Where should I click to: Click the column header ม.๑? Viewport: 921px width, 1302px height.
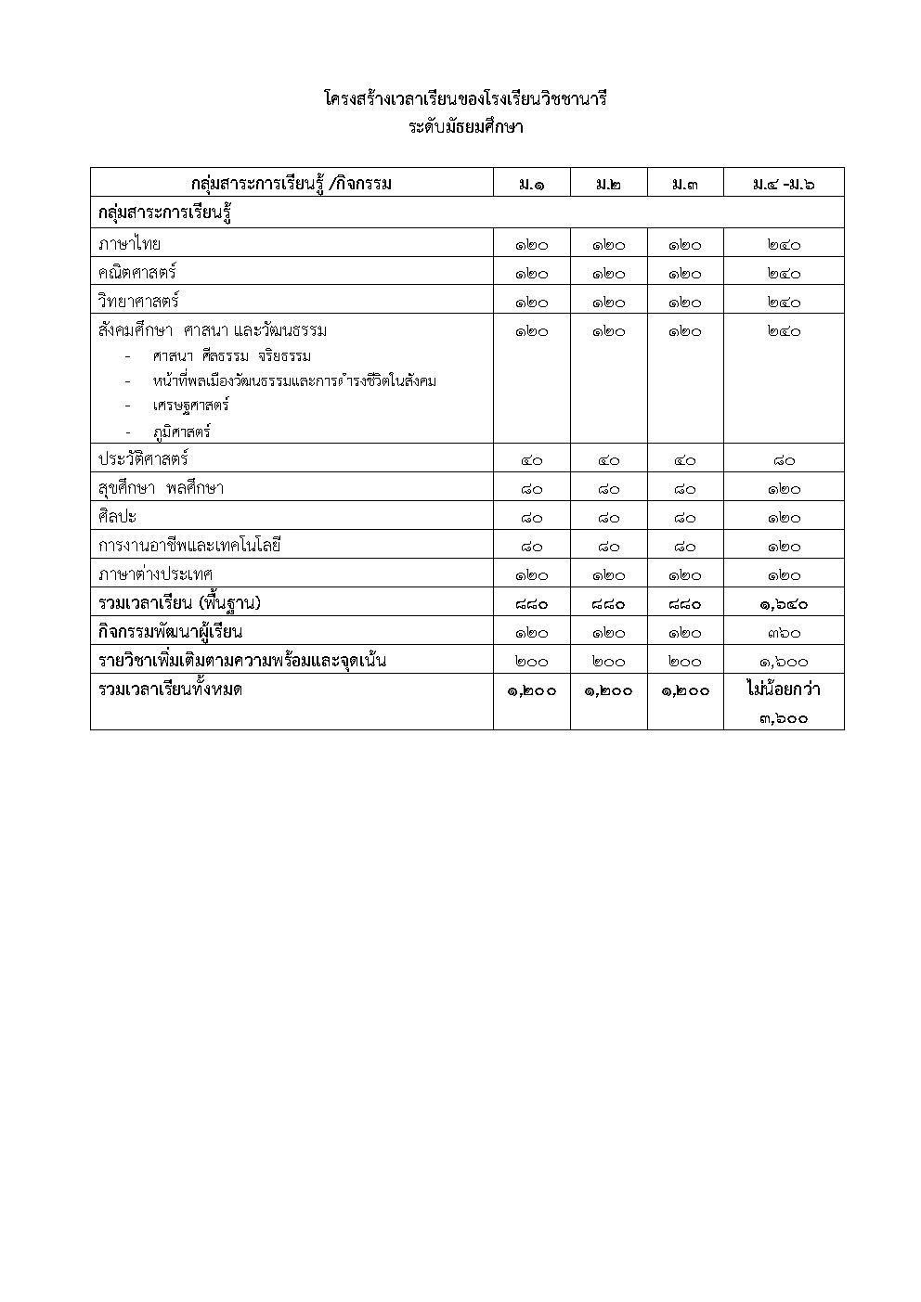[531, 184]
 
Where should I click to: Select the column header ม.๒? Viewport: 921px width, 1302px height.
[608, 184]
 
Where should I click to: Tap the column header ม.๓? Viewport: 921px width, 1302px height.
[685, 184]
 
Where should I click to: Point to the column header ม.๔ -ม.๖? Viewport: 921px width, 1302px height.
[784, 184]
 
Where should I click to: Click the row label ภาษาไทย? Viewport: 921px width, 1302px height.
[129, 244]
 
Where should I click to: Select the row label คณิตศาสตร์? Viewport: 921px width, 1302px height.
[136, 273]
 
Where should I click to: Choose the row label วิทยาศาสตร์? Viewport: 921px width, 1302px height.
[138, 302]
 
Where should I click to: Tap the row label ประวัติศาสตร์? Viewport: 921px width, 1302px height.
[143, 459]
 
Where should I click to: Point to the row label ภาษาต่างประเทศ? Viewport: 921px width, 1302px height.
[155, 574]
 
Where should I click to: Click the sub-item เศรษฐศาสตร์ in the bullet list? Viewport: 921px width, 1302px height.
[191, 406]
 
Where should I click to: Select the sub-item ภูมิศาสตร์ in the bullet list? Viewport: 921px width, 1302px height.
[182, 432]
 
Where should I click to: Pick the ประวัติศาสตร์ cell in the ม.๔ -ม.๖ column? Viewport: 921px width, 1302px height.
[784, 460]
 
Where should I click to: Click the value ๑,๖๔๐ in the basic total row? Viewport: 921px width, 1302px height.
[784, 604]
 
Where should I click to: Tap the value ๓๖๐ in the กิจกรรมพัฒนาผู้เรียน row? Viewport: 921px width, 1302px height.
[784, 633]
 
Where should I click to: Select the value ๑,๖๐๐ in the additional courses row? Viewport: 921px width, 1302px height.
[784, 662]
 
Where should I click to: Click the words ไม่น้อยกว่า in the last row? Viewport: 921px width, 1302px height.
[784, 690]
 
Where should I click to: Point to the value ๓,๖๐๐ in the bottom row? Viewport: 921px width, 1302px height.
[784, 717]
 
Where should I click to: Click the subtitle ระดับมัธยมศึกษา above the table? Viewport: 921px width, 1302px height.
[465, 127]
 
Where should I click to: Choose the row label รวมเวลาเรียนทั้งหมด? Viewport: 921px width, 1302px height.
[170, 690]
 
